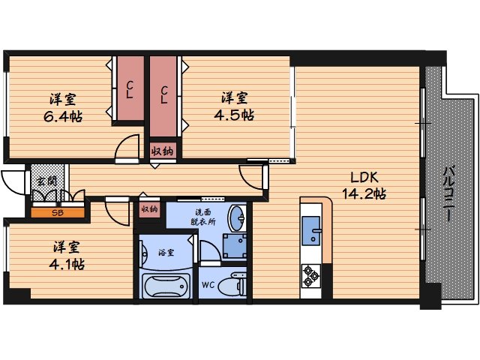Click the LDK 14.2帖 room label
click(x=364, y=186)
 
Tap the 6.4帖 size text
click(x=63, y=117)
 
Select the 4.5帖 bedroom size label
click(x=234, y=115)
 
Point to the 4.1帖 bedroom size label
click(x=67, y=264)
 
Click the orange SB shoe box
click(x=58, y=213)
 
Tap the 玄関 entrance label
click(x=46, y=181)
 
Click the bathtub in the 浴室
click(x=166, y=286)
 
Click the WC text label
click(x=208, y=285)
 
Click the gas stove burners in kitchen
click(x=310, y=276)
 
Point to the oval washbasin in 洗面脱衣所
click(x=237, y=217)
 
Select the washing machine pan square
click(x=235, y=247)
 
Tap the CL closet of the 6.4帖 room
click(x=130, y=88)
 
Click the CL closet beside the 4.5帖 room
click(x=163, y=96)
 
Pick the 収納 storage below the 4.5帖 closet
click(x=163, y=151)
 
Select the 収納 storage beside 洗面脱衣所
click(x=150, y=209)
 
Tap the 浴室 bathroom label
click(x=166, y=253)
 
